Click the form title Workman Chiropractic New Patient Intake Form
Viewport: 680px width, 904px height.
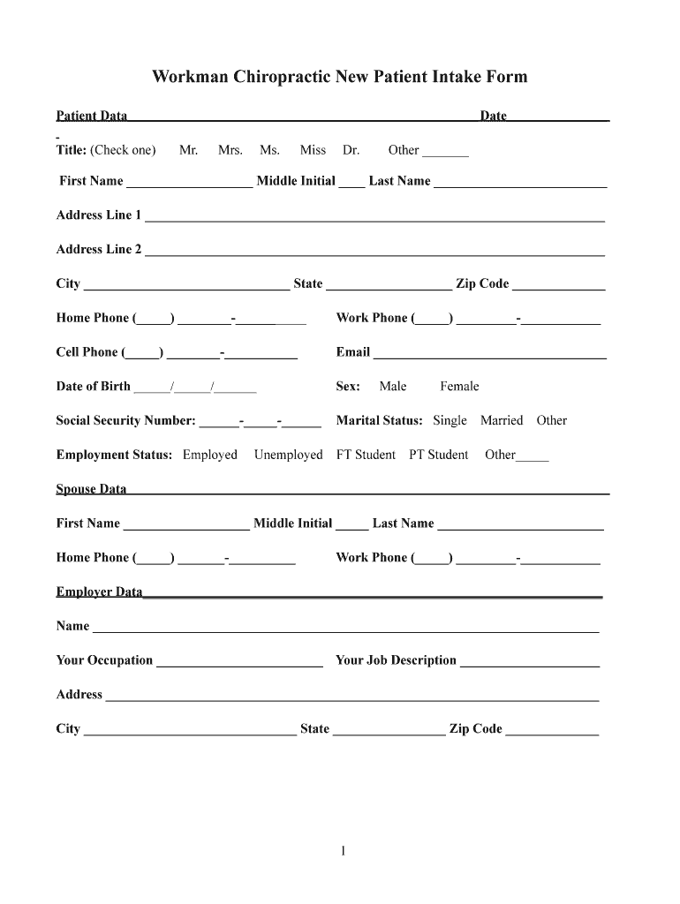point(339,77)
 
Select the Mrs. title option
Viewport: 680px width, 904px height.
point(230,150)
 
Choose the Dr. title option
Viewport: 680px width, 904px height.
point(351,150)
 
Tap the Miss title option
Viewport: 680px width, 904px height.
point(313,150)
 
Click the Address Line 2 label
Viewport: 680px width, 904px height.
point(99,250)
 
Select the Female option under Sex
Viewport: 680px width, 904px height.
point(459,387)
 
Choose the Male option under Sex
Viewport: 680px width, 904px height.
point(393,387)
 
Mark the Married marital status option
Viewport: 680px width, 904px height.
point(502,421)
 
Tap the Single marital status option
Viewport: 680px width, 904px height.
point(450,421)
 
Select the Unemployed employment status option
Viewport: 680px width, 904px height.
point(289,456)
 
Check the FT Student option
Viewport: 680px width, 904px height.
point(366,456)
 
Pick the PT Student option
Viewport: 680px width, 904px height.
point(439,456)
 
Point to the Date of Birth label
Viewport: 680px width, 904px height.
point(94,387)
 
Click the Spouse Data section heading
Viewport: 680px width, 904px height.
point(92,489)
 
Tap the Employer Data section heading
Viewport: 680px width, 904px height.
point(100,592)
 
